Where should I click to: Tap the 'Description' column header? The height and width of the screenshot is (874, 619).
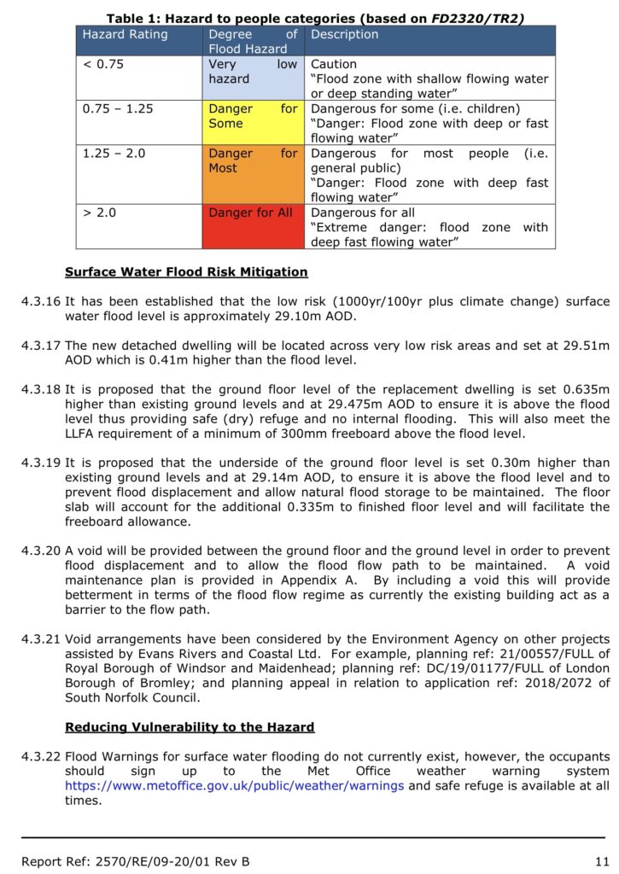(344, 35)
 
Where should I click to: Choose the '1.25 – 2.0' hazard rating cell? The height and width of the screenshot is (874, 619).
(114, 154)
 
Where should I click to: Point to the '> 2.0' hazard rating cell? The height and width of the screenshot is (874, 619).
(99, 212)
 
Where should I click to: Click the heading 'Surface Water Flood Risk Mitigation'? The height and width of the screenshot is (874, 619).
(186, 272)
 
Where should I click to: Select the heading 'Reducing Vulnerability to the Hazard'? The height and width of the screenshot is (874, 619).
(190, 727)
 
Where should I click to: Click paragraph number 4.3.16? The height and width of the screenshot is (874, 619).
(39, 301)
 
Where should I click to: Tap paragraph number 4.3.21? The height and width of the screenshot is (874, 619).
(39, 639)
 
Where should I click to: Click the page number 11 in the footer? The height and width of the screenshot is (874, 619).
(601, 861)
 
